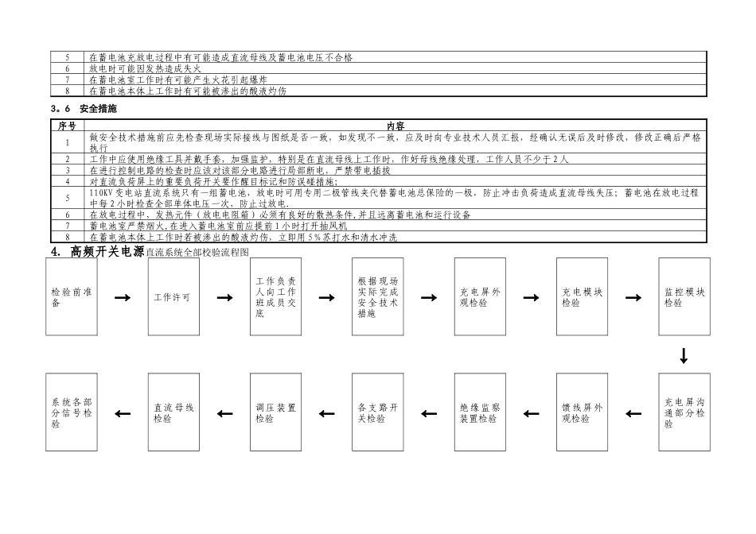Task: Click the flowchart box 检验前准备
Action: click(72, 297)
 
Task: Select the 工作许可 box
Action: click(173, 297)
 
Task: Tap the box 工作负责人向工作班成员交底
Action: click(275, 297)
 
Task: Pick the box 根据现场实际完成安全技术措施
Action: click(378, 297)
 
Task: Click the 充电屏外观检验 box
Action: click(480, 297)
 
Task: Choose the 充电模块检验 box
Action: click(582, 297)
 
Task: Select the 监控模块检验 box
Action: click(684, 297)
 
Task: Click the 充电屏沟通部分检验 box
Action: click(684, 412)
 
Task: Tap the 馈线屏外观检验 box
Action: click(582, 412)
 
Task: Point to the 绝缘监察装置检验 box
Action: click(480, 412)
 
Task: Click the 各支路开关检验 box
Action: click(378, 412)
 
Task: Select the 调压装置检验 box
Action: click(275, 412)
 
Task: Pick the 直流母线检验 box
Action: click(173, 412)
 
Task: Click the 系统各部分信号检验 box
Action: click(72, 412)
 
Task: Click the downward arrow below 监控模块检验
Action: click(684, 355)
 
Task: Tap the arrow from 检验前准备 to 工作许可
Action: click(123, 298)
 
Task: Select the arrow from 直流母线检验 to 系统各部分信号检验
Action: click(123, 413)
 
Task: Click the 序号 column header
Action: click(67, 126)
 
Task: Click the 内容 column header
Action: click(396, 126)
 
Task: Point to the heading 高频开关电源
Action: click(107, 251)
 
